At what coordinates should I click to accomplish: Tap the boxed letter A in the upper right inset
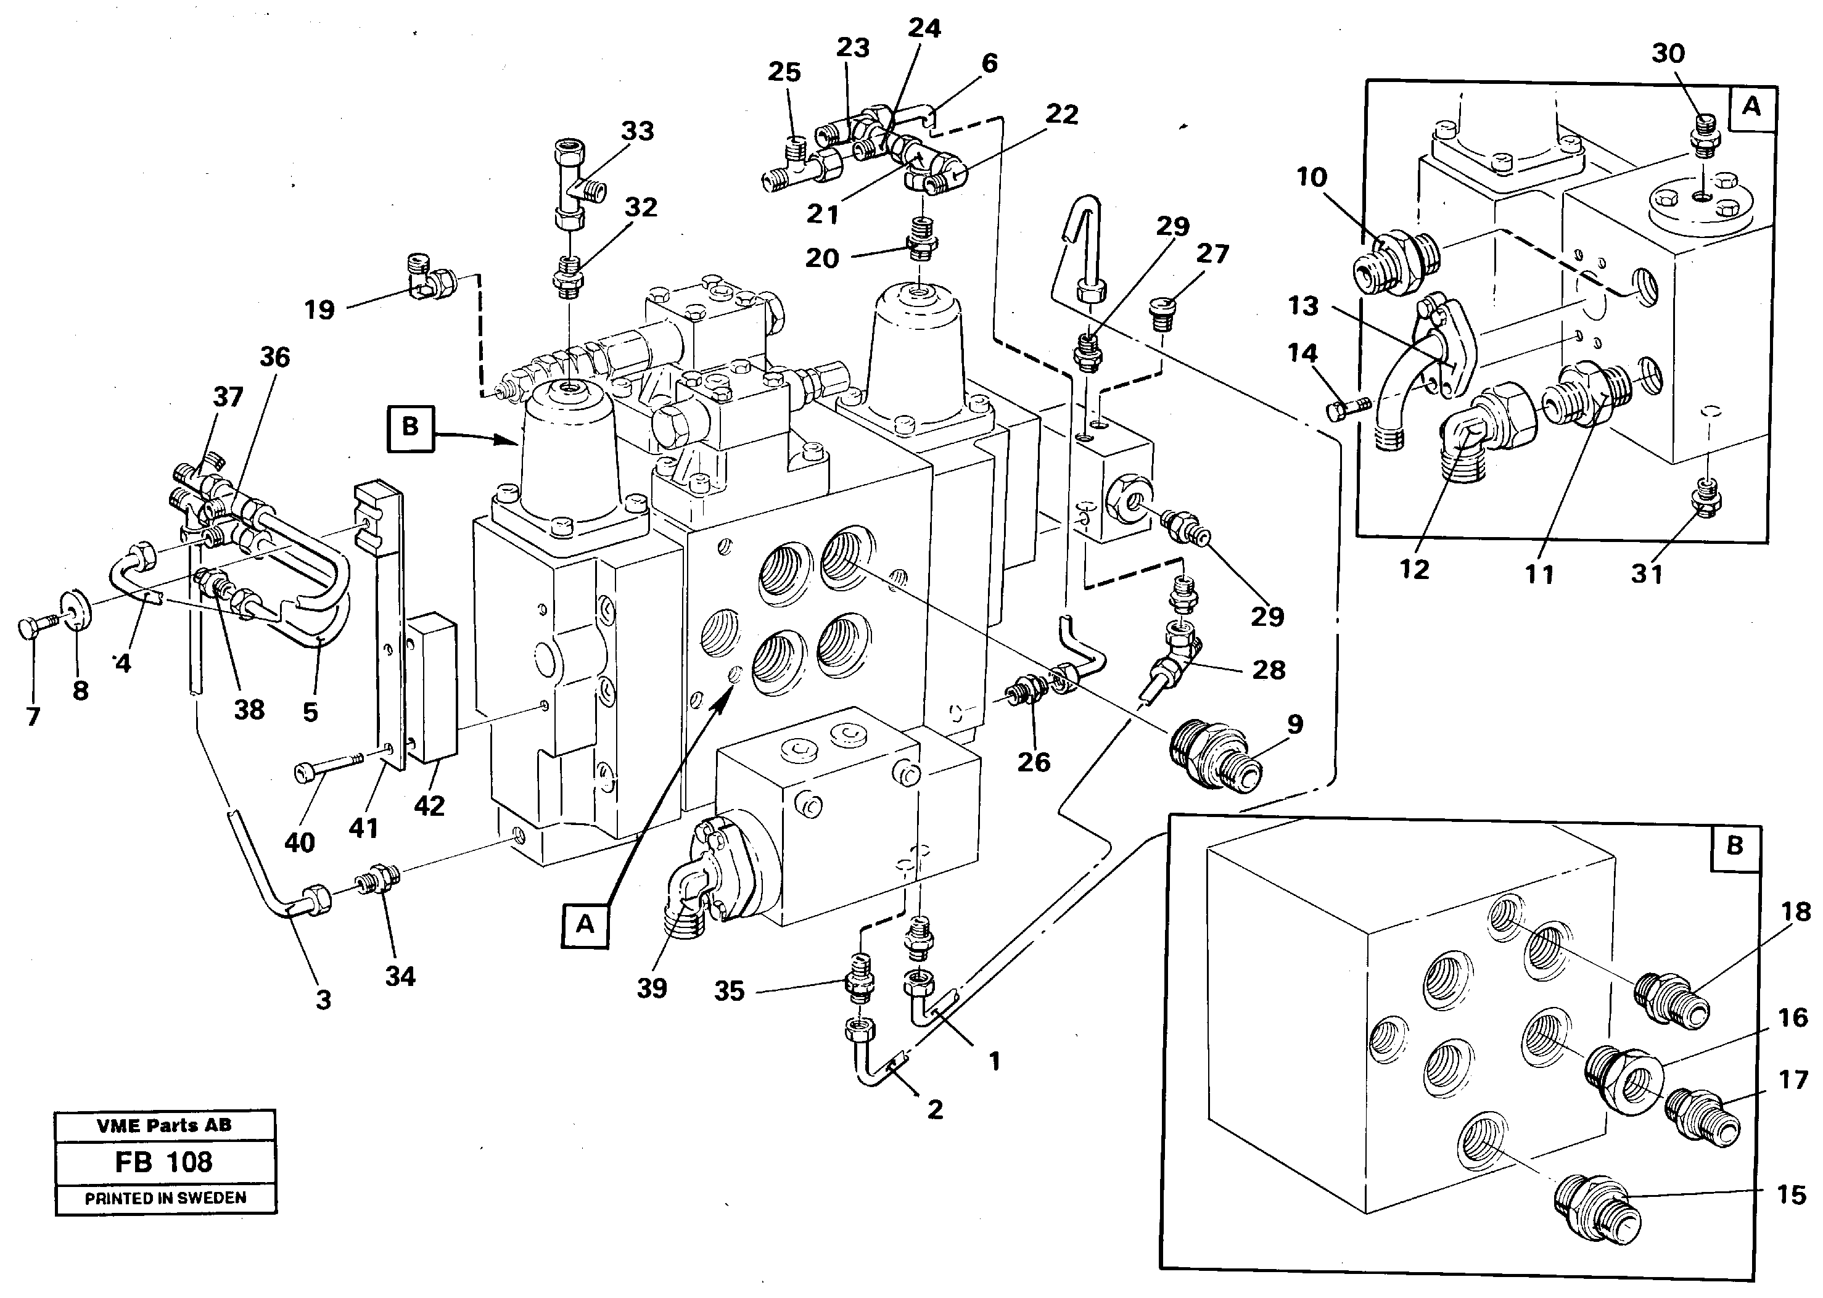(1750, 106)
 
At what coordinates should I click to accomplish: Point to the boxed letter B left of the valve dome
(410, 427)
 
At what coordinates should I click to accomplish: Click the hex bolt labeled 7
(32, 628)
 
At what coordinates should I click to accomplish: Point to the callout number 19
(319, 310)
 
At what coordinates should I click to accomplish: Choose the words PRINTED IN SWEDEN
(165, 1198)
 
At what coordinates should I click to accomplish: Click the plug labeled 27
(1161, 308)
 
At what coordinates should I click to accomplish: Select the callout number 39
(651, 988)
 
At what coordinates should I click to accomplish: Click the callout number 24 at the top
(924, 29)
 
